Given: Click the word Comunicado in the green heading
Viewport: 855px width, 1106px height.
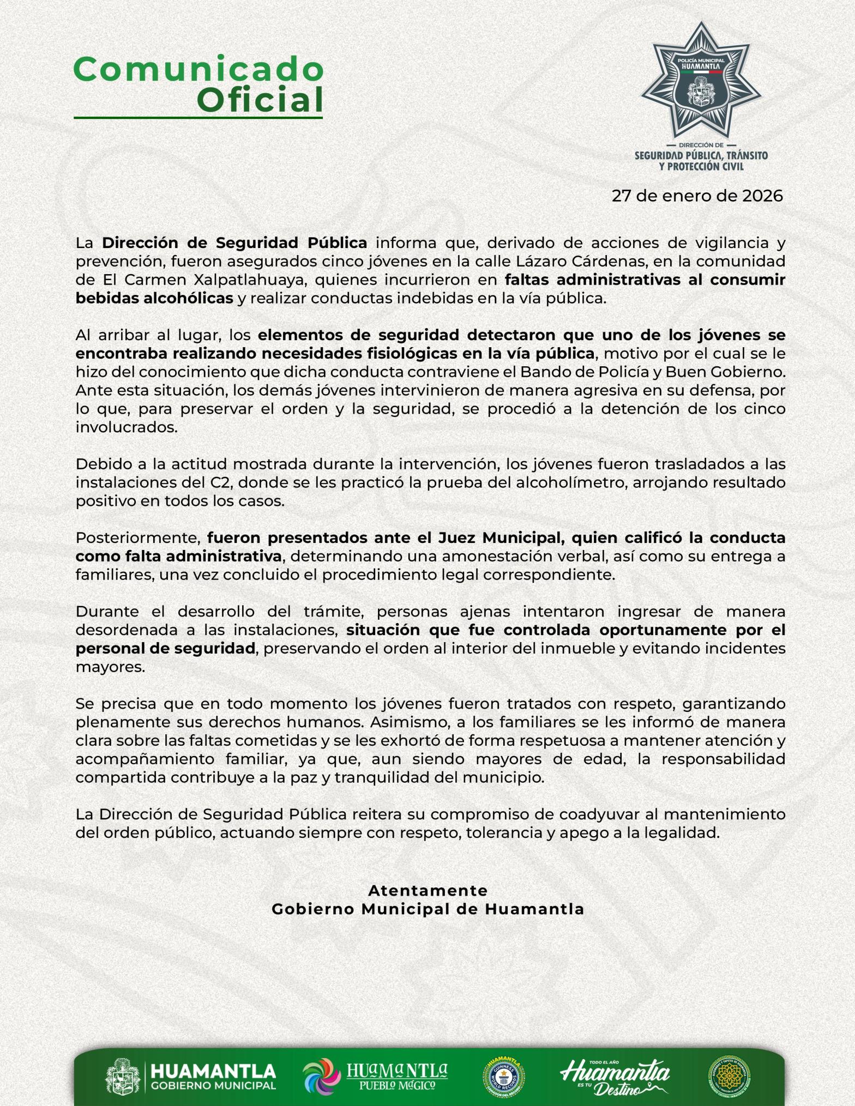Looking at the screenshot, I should [198, 69].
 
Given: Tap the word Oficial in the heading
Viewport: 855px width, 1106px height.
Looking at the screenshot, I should [260, 100].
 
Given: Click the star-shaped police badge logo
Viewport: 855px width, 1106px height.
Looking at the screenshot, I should [701, 81].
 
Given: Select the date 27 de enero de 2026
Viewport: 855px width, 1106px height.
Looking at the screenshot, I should [697, 196].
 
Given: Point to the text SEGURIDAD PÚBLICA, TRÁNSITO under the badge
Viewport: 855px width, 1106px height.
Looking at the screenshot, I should [701, 156].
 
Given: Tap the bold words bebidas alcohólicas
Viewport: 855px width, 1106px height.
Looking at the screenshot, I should [154, 299].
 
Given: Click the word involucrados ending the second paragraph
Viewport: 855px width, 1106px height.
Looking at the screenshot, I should [127, 427].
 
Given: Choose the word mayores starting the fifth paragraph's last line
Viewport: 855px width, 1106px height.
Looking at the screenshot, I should [110, 667].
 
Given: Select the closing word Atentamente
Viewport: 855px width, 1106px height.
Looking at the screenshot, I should [427, 891].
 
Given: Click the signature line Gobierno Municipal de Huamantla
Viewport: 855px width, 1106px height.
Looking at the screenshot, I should [427, 909].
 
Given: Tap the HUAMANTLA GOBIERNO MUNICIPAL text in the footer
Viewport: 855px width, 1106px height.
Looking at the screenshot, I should [213, 1077].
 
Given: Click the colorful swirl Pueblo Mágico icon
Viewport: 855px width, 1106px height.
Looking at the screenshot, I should [322, 1076].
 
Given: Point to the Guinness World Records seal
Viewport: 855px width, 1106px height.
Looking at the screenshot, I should [503, 1077].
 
